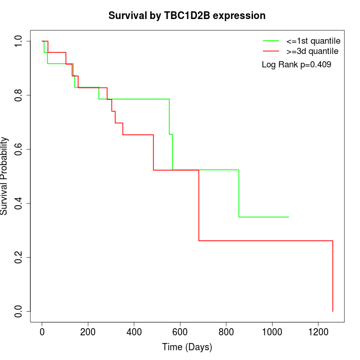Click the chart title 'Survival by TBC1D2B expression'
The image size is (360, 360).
tap(187, 15)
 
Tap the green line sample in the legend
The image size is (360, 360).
tap(271, 41)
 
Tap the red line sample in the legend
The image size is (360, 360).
tap(271, 51)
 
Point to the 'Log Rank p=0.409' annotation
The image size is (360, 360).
tap(296, 65)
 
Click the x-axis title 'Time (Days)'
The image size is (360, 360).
tap(187, 347)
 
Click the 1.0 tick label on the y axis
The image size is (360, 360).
tap(19, 41)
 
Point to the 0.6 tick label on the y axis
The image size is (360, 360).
tap(19, 149)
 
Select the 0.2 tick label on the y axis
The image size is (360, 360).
tap(19, 257)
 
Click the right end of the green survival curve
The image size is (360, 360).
tap(289, 217)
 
